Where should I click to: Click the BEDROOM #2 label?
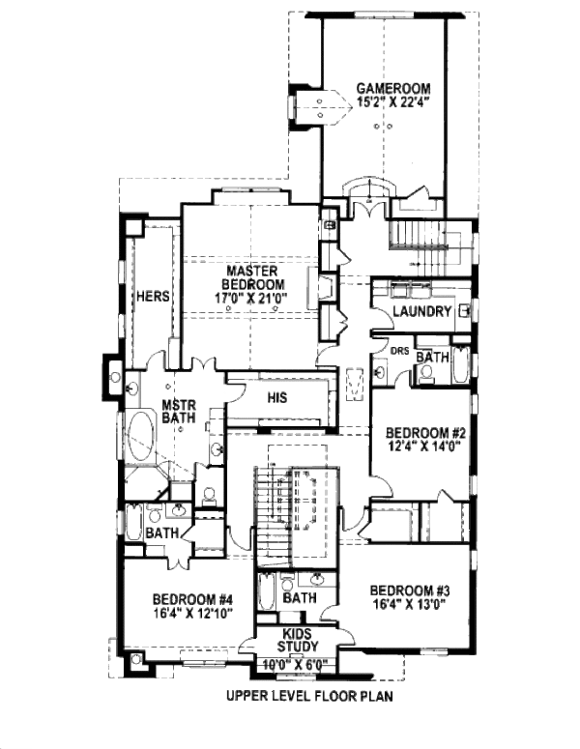click(x=426, y=433)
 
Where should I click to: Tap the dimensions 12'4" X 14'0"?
click(x=426, y=447)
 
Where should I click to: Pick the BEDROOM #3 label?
click(x=411, y=591)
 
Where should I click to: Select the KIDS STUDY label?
click(x=298, y=640)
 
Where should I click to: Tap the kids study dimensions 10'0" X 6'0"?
click(x=298, y=665)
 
